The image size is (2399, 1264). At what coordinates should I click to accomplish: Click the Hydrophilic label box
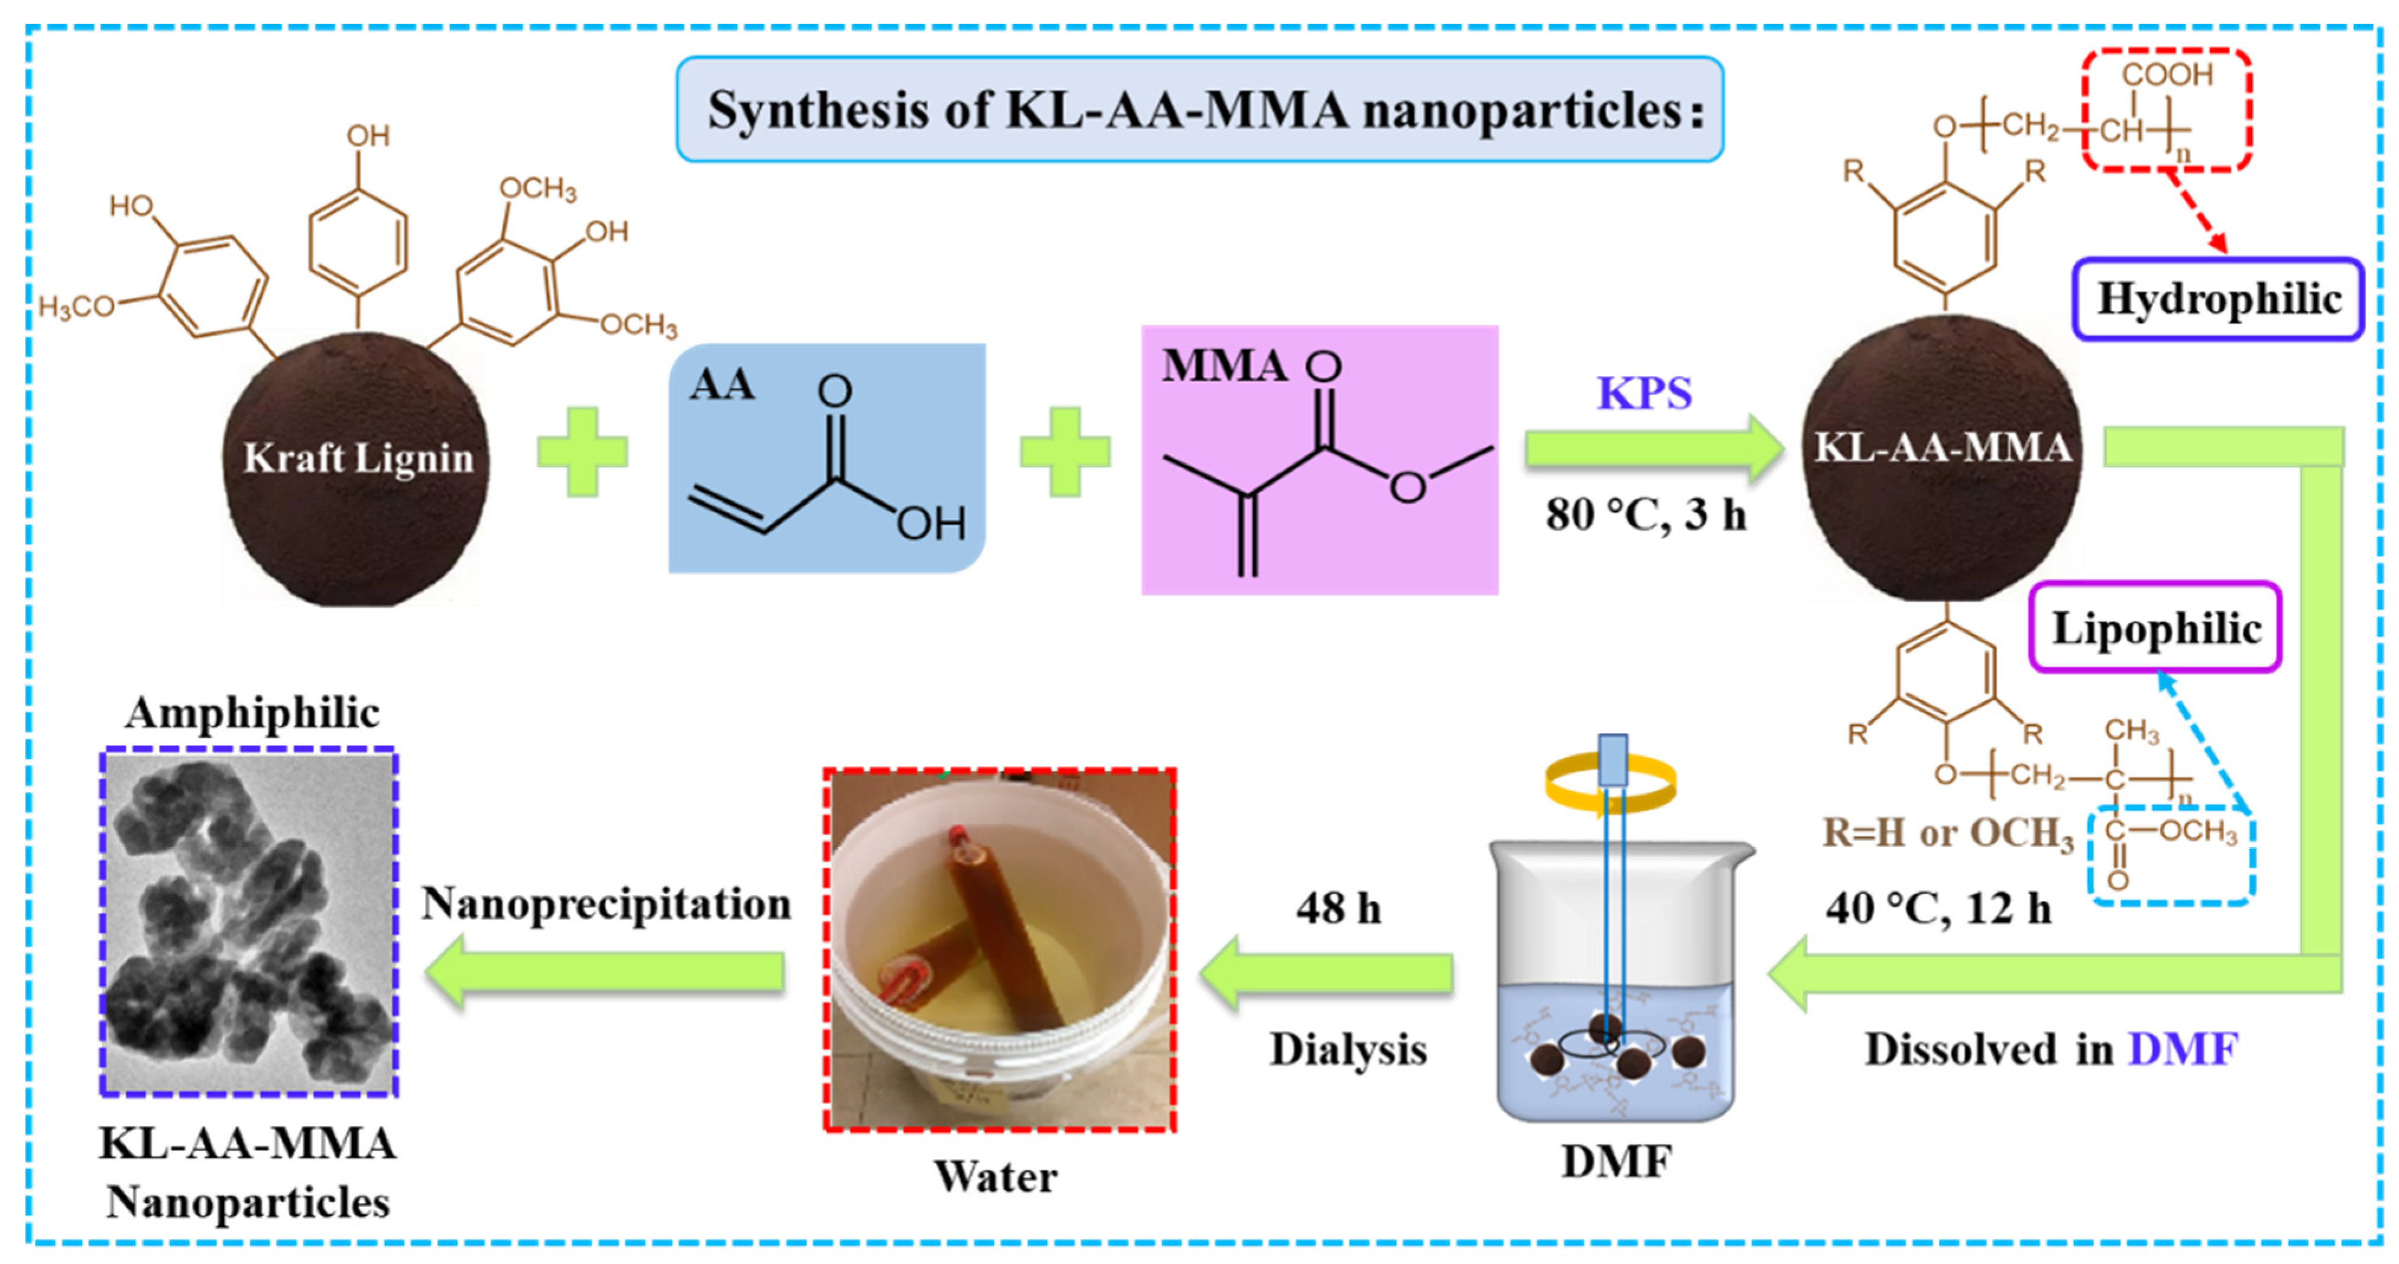coord(2218,299)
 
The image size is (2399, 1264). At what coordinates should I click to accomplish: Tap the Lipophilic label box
coord(2155,628)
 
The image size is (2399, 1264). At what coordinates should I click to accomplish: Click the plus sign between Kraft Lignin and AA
coord(583,452)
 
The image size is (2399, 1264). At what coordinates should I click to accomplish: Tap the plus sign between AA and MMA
coord(1065,452)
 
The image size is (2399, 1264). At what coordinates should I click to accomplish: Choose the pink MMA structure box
coord(1320,459)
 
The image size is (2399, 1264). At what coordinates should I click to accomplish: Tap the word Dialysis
coord(1347,1050)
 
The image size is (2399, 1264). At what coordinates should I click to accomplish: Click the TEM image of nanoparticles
coord(249,922)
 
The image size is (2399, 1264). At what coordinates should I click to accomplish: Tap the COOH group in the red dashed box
coord(2166,74)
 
